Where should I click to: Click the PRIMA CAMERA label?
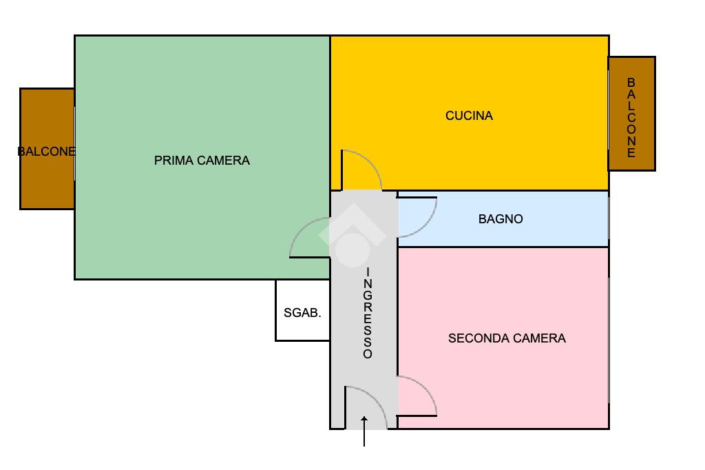click(202, 161)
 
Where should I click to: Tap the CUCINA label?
click(469, 116)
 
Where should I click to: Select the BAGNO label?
click(501, 219)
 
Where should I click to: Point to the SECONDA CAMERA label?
click(507, 338)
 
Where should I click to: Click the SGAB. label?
click(302, 313)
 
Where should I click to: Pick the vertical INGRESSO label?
click(368, 313)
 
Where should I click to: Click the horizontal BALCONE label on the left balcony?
click(46, 152)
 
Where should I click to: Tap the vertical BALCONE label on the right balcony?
click(631, 118)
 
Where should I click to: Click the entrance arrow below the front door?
click(364, 431)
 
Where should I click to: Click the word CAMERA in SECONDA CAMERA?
click(539, 338)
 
